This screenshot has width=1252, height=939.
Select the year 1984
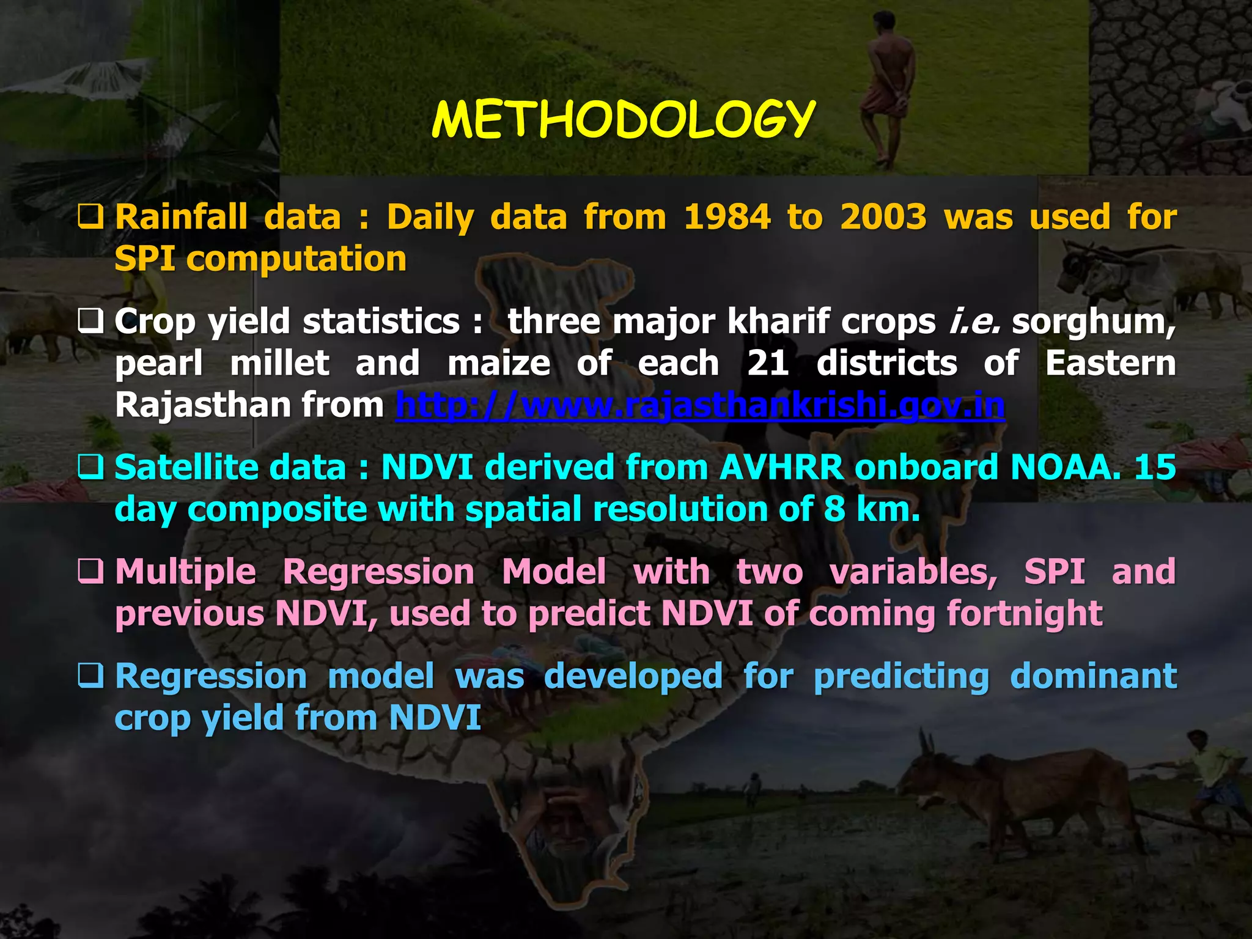coord(727,217)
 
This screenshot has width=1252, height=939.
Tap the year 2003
coord(883,217)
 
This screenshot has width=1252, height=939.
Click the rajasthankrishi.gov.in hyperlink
coord(700,405)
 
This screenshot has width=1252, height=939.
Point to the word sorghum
coord(1093,322)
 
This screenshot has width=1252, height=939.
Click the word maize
coord(499,363)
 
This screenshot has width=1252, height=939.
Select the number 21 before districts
coord(768,363)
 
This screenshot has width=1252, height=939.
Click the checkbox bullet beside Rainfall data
coord(90,217)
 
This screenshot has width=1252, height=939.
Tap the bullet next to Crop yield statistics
coord(90,321)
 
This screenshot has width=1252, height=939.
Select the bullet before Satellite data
coord(90,468)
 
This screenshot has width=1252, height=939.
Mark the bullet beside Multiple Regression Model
coord(90,572)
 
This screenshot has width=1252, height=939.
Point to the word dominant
coord(1093,677)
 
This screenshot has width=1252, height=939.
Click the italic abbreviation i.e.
coord(974,322)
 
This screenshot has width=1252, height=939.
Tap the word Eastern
coord(1110,363)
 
